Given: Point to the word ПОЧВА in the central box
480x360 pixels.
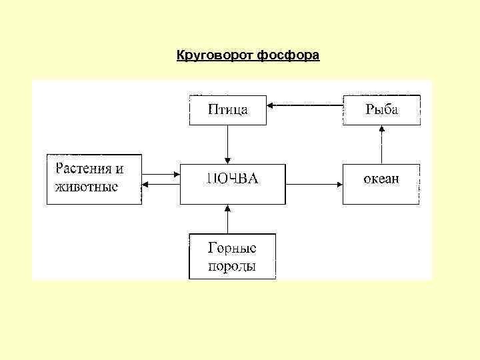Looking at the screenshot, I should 232,179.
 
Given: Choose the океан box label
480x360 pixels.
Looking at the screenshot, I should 381,179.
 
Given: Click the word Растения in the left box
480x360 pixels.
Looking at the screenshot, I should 85,169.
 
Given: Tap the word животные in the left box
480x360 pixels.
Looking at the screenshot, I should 87,187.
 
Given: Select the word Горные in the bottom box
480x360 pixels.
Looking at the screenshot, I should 232,248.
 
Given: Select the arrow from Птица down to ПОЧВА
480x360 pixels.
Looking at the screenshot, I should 228,144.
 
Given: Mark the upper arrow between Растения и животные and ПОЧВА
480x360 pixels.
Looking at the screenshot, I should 161,175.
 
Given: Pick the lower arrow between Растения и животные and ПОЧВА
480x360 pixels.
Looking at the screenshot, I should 161,185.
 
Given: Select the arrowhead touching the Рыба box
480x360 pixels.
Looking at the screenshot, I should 381,129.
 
